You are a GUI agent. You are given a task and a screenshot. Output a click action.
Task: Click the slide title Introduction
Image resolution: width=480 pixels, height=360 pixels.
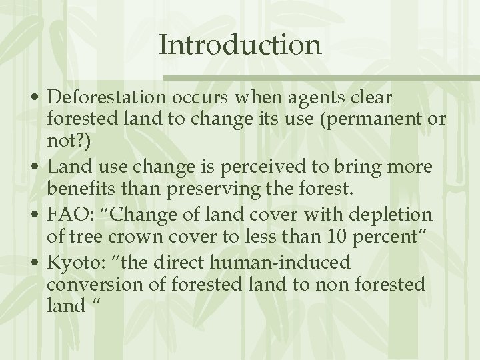coord(240,45)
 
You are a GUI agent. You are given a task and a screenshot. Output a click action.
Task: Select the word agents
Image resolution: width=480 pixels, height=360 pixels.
coord(316,97)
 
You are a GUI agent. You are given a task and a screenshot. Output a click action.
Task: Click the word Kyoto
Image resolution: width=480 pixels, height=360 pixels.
coord(72,261)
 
